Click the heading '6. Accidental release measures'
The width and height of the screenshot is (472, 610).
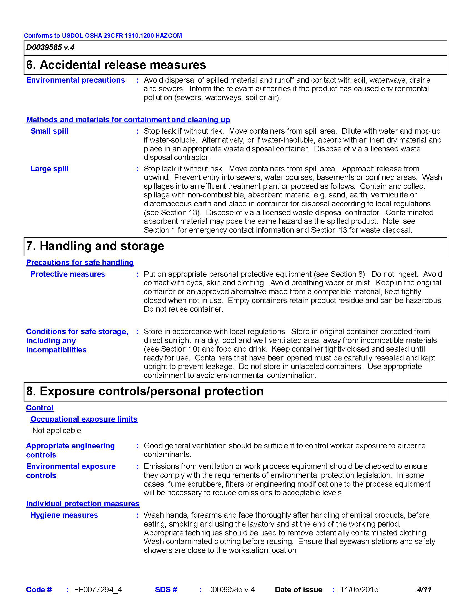[x=116, y=65]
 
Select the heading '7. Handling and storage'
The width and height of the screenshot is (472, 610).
[x=95, y=246]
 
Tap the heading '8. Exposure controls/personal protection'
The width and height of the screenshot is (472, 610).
[x=145, y=391]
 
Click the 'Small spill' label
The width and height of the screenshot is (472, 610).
[x=49, y=131]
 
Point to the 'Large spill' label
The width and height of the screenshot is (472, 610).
[x=49, y=169]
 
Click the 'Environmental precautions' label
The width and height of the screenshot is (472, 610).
[x=76, y=80]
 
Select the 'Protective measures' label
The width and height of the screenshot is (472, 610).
[x=68, y=274]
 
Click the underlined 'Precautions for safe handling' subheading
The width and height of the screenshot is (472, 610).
[x=80, y=263]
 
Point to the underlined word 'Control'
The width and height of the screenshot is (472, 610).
[x=40, y=408]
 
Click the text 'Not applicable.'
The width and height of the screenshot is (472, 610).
[x=57, y=430]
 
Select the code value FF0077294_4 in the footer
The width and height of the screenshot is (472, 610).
[x=98, y=589]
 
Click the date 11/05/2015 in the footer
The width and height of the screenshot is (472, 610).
[x=360, y=589]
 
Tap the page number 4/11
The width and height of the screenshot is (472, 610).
[x=424, y=589]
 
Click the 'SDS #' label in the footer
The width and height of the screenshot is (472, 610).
[x=166, y=589]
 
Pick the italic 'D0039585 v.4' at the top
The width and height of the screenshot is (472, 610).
[x=50, y=47]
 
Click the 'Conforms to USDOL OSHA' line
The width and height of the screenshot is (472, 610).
[x=103, y=35]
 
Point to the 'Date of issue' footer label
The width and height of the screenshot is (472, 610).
[x=299, y=589]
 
